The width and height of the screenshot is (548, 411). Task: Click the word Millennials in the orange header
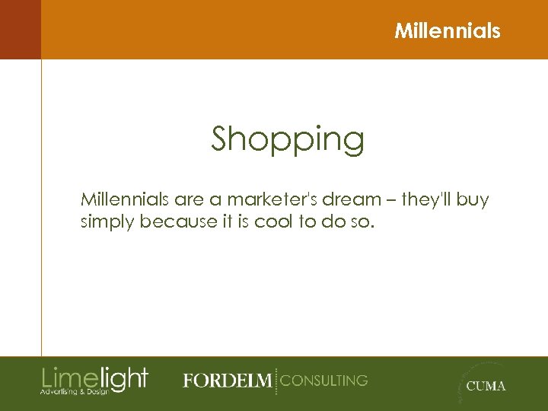[x=448, y=31]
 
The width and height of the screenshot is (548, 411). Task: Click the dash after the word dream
[x=388, y=201]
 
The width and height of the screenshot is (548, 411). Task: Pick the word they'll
[x=428, y=199]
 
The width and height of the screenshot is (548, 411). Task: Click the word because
[x=177, y=222]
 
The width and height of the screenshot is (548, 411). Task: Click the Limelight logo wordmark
[x=94, y=377]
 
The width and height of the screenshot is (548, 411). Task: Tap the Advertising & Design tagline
[x=75, y=391]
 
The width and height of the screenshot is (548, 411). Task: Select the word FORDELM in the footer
[x=226, y=381]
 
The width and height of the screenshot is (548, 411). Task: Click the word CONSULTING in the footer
[x=324, y=380]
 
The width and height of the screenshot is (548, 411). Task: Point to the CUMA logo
[x=483, y=384]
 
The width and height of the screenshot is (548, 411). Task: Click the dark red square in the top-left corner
[x=20, y=29]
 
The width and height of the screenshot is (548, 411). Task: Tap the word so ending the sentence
[x=363, y=222]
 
